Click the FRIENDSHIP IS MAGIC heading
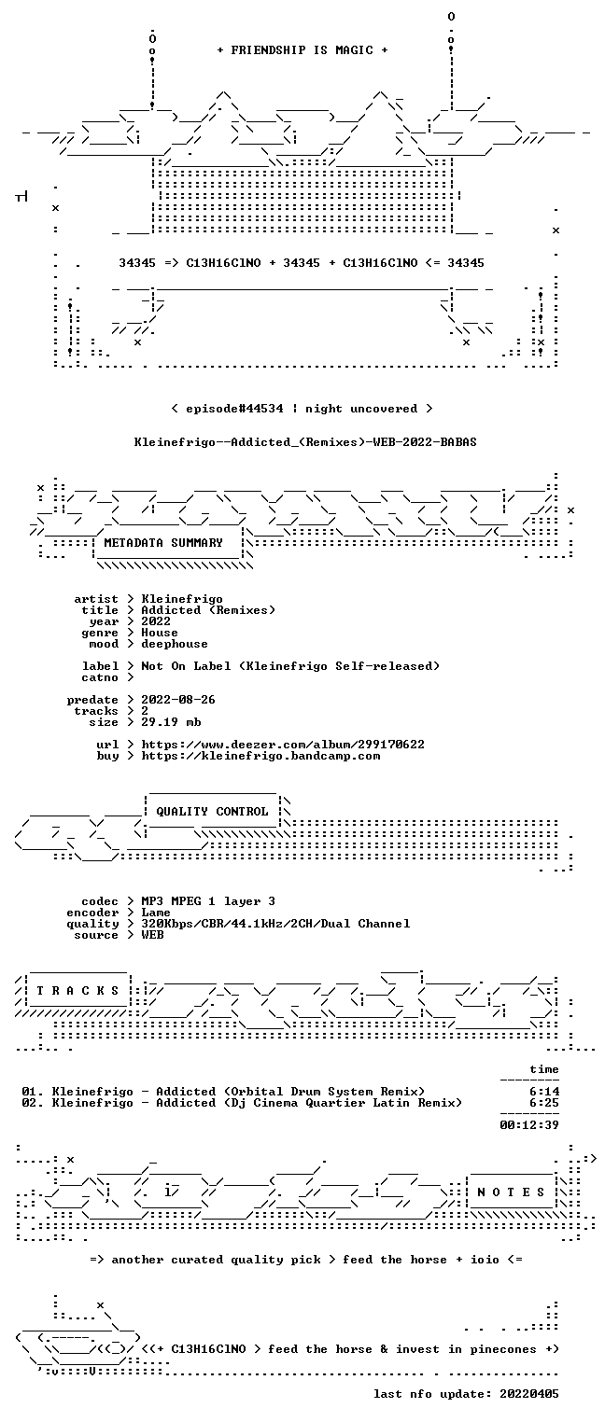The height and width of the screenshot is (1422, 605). [x=302, y=50]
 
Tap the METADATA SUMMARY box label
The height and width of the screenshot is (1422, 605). [x=163, y=543]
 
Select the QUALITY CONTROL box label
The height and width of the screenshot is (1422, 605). [x=212, y=811]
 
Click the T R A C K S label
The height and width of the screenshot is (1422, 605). [x=78, y=990]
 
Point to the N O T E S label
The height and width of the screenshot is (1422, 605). [x=511, y=1192]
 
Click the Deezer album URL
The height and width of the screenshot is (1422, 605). [x=283, y=744]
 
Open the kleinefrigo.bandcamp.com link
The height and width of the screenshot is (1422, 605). [x=260, y=756]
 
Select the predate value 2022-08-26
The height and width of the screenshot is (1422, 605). [x=178, y=700]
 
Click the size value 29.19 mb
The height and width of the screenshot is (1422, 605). [x=171, y=722]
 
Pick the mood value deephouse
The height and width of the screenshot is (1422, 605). [x=175, y=644]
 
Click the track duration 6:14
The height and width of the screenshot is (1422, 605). [x=544, y=1092]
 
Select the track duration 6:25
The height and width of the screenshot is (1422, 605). [x=544, y=1103]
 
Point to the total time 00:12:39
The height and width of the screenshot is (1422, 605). [x=529, y=1125]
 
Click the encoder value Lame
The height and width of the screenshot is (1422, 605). [x=156, y=913]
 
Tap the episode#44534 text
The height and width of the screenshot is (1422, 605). [x=234, y=409]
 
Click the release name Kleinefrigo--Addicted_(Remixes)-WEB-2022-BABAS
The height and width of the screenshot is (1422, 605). [x=305, y=442]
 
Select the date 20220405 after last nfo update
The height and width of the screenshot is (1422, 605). [x=529, y=1393]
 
